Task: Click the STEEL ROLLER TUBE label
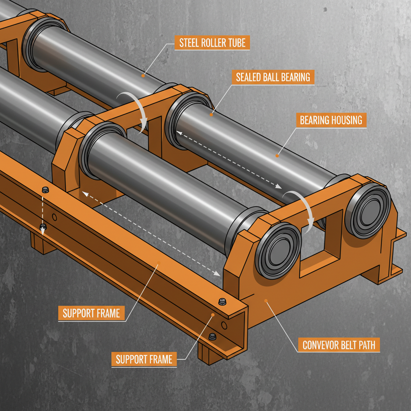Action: tap(212, 43)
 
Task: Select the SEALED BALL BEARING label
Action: tap(273, 77)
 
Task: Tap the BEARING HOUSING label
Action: tap(331, 120)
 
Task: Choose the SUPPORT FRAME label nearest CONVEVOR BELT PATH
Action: tap(144, 359)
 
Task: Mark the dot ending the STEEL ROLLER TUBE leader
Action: tap(143, 75)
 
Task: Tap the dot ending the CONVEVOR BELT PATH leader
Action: tap(265, 300)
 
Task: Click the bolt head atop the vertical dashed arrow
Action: tap(45, 190)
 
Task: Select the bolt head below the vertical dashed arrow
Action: tap(43, 228)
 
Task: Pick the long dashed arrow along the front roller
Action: tap(151, 234)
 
